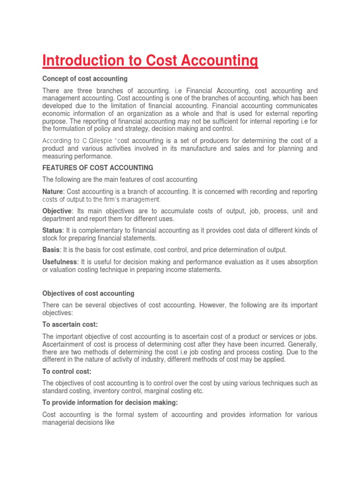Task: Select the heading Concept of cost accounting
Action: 85,78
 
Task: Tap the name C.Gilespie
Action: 98,141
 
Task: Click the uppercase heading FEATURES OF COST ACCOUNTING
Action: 98,167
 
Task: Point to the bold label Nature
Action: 53,192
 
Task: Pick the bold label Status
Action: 52,230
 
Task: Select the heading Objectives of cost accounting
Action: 88,293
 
